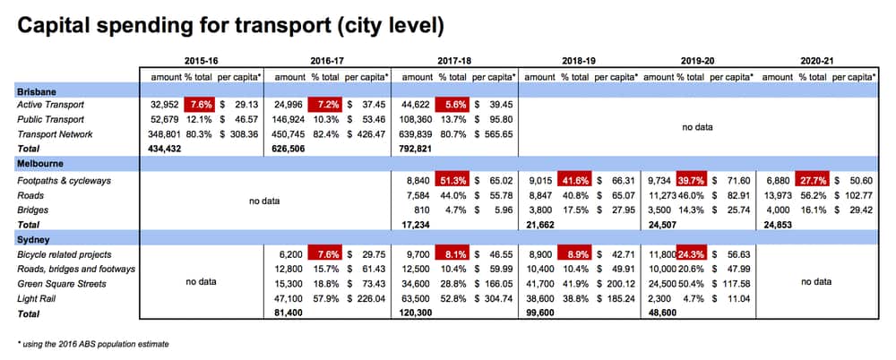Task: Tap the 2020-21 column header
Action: pyautogui.click(x=818, y=62)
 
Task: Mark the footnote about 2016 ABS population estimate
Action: pyautogui.click(x=93, y=344)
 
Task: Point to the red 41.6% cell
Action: pyautogui.click(x=575, y=179)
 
